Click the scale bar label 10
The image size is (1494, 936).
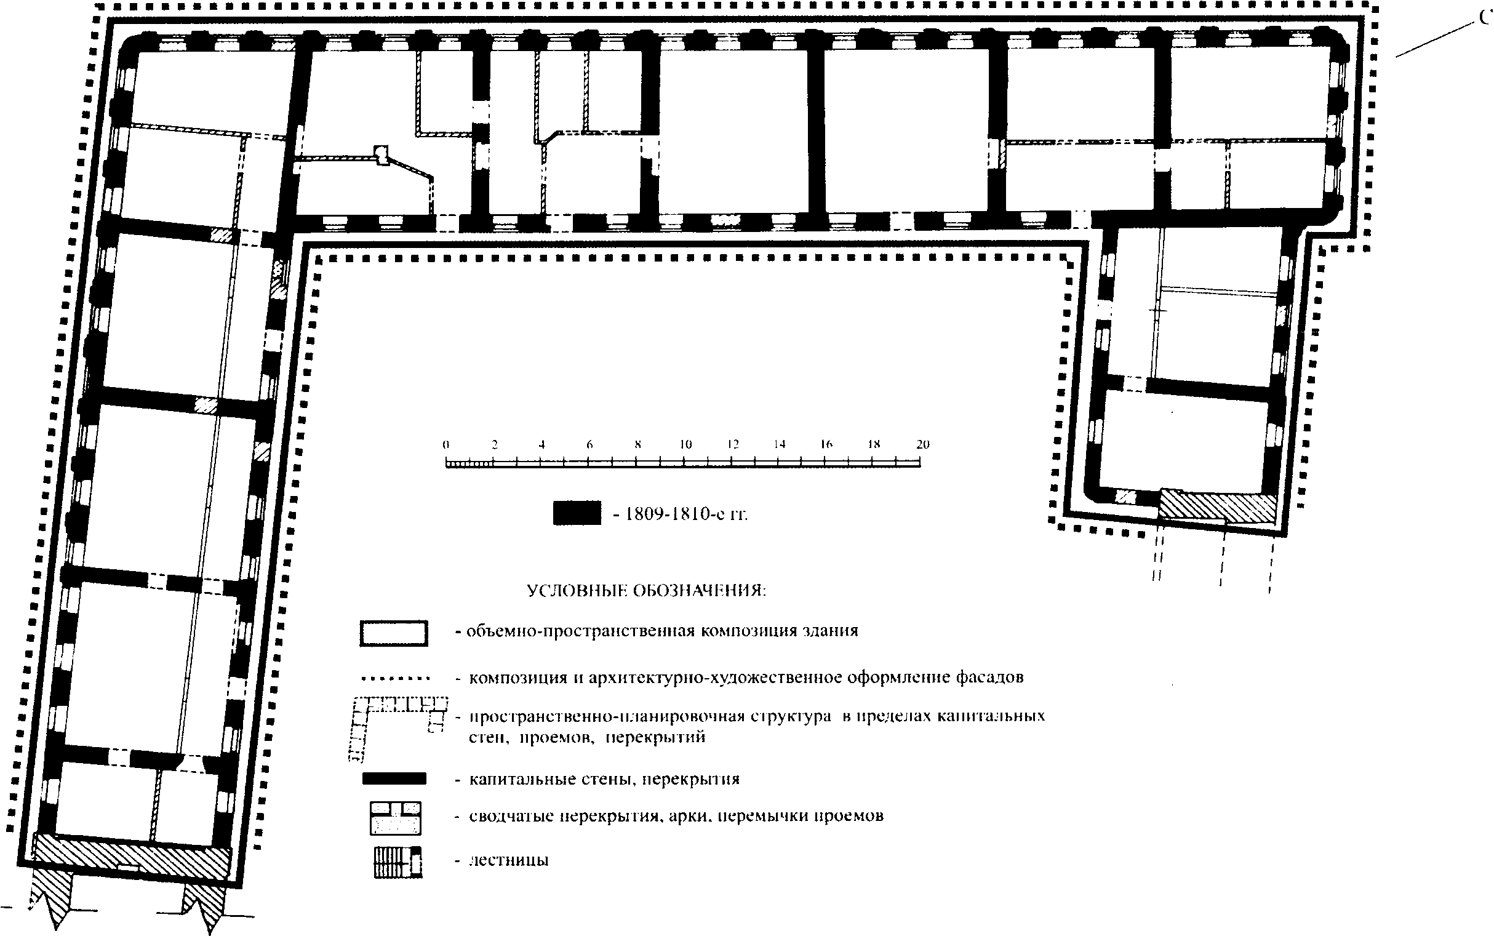pos(685,444)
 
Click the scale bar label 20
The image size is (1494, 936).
pos(922,444)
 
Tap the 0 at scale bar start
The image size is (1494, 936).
pos(445,444)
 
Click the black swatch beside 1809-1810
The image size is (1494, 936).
pos(577,513)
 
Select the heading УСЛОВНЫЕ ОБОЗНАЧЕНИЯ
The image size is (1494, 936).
pos(646,591)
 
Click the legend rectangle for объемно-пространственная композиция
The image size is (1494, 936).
pos(394,633)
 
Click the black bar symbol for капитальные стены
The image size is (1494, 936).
pos(394,778)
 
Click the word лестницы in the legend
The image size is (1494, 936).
pos(509,861)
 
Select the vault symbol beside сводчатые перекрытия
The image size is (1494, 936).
pos(396,818)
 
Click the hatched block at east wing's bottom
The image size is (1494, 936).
pos(1216,504)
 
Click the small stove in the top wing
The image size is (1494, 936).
pos(381,153)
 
